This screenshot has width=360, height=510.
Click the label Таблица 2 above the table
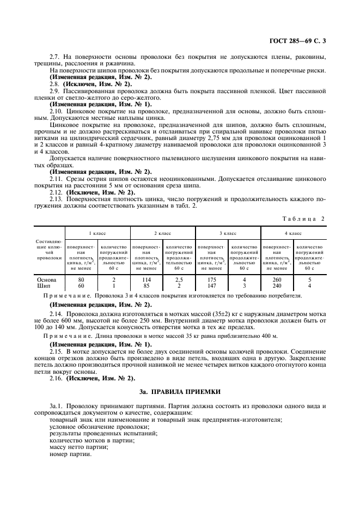tap(304, 218)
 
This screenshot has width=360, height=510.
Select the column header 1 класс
tap(97, 233)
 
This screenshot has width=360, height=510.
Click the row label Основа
tap(47, 279)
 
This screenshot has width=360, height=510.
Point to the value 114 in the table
tap(146, 279)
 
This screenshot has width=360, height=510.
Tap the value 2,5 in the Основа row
tap(179, 279)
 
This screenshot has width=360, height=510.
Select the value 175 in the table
tap(211, 279)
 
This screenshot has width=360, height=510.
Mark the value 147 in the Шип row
tap(211, 285)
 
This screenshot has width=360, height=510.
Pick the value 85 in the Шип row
tap(146, 285)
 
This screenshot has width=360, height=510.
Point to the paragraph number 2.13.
tap(57, 199)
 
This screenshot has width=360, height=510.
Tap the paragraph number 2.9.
tap(55, 91)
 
